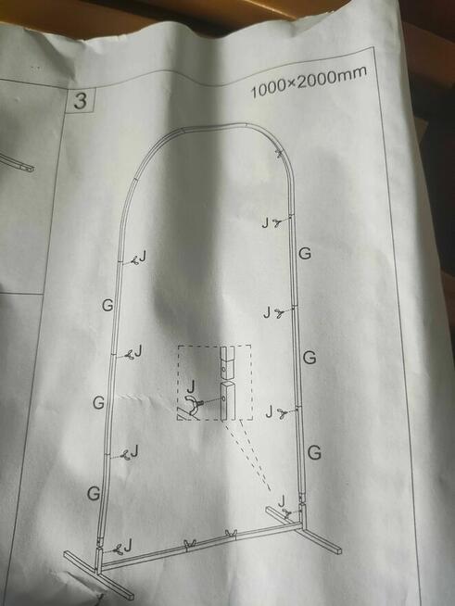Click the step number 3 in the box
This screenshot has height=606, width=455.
pyautogui.click(x=80, y=101)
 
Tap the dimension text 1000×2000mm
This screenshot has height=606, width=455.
pyautogui.click(x=308, y=82)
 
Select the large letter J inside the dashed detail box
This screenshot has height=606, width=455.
pyautogui.click(x=192, y=387)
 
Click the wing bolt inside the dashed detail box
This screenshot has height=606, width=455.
pyautogui.click(x=196, y=406)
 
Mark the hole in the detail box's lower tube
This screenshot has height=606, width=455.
pyautogui.click(x=224, y=398)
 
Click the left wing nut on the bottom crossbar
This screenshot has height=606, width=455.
pyautogui.click(x=189, y=543)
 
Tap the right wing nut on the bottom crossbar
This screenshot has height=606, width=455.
pyautogui.click(x=231, y=534)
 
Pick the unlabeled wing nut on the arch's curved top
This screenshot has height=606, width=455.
pyautogui.click(x=279, y=154)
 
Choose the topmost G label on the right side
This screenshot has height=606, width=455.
pyautogui.click(x=305, y=254)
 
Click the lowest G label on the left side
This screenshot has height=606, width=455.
pyautogui.click(x=94, y=494)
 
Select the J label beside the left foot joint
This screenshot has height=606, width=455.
pyautogui.click(x=128, y=545)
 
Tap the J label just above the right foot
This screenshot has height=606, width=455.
pyautogui.click(x=283, y=500)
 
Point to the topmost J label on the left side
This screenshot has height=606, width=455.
pyautogui.click(x=143, y=256)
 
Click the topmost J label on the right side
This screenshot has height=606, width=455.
pyautogui.click(x=265, y=223)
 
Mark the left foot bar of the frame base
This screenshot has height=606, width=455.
pyautogui.click(x=98, y=574)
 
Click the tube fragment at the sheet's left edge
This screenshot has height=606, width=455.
pyautogui.click(x=17, y=163)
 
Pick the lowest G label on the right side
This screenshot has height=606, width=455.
pyautogui.click(x=315, y=452)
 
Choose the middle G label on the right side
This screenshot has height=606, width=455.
pyautogui.click(x=310, y=358)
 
